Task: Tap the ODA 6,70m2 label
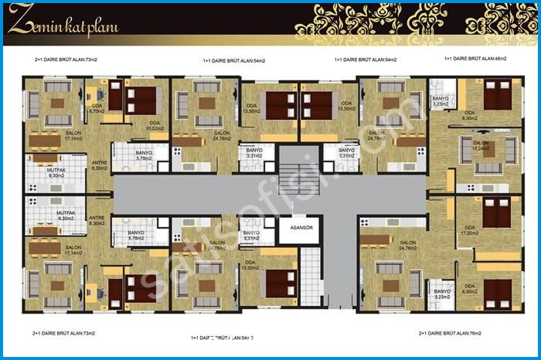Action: click(x=97, y=110)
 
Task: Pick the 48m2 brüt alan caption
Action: click(x=472, y=59)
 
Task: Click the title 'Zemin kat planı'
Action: click(x=65, y=25)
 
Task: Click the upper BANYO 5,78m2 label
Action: click(x=144, y=156)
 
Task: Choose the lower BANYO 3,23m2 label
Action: click(x=441, y=294)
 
